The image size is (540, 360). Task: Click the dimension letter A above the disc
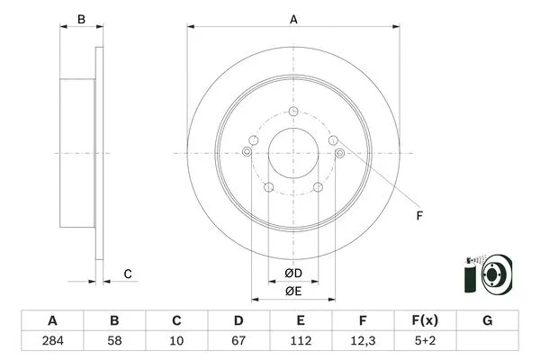[x=293, y=17]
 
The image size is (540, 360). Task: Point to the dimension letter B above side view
[x=80, y=19]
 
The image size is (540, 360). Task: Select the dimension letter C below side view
[x=128, y=274]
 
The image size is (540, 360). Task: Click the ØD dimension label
[x=293, y=273]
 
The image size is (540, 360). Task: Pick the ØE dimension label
[x=293, y=291]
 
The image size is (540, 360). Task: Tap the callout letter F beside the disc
[x=418, y=215]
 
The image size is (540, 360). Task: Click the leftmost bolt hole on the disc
[x=247, y=153]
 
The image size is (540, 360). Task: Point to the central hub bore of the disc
[x=293, y=153]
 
